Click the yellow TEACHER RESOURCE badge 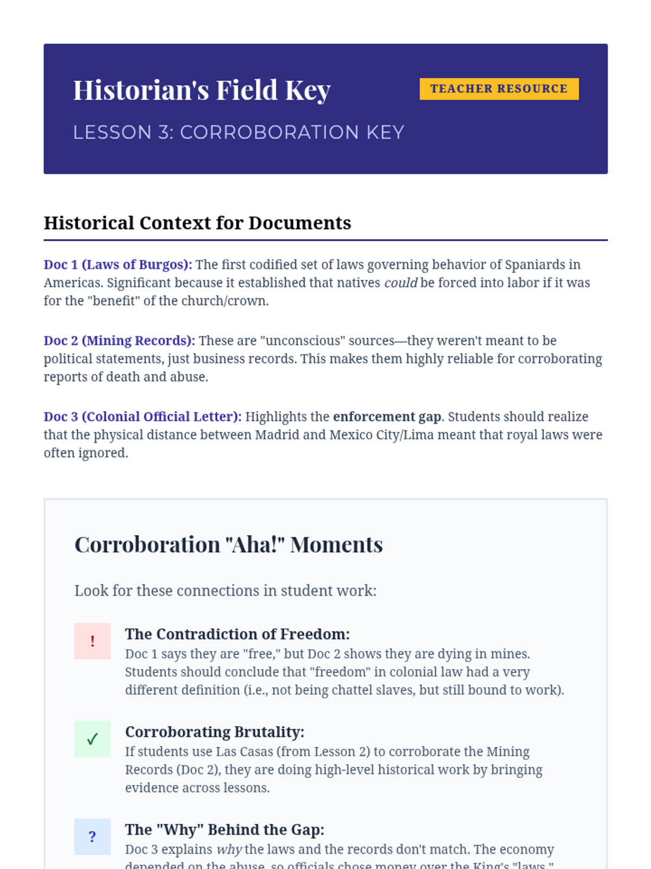pos(499,89)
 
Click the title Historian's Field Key pos(202,90)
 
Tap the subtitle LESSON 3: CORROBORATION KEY pos(239,133)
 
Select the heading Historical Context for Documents pos(197,223)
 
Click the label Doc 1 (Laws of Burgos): pos(118,265)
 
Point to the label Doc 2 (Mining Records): pos(119,341)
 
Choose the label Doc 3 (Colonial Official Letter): pos(143,417)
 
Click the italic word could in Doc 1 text pos(400,283)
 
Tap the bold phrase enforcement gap pos(387,417)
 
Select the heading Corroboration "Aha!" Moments pos(228,545)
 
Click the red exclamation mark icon pos(92,641)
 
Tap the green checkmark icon pos(92,739)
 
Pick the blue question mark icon pos(92,837)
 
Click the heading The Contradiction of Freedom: pos(238,634)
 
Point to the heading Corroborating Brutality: pos(215,732)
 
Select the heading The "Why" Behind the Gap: pos(225,830)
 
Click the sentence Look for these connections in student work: pos(225,591)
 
